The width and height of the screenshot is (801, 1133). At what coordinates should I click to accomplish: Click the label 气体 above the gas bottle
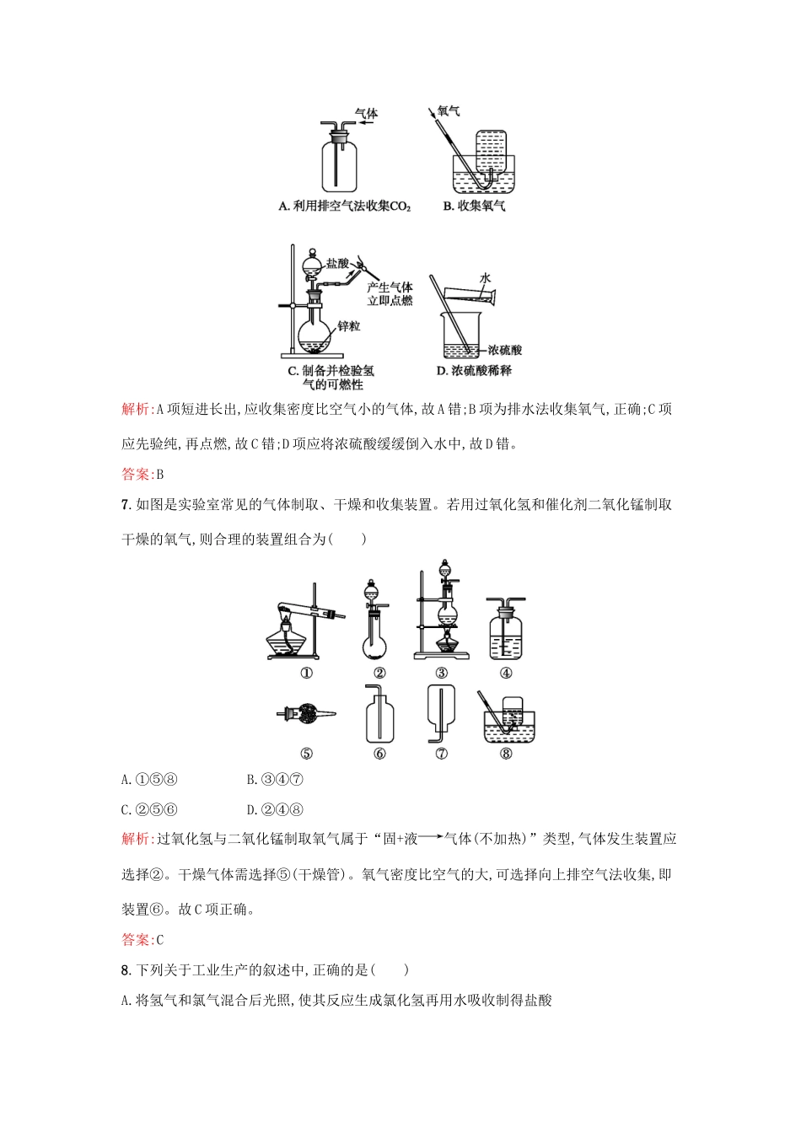366,113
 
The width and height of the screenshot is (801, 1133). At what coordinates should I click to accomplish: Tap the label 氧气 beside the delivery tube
449,110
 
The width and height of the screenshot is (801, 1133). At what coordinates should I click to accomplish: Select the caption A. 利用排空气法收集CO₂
344,206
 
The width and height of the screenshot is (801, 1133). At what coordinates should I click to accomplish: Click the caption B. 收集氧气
474,206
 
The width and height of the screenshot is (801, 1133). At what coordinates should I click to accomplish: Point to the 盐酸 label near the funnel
337,263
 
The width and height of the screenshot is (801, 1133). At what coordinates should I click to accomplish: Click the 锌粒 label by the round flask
349,325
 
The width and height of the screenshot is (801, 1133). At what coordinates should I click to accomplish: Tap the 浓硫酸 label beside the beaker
504,349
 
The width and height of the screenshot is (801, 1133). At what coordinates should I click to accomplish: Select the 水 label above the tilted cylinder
485,277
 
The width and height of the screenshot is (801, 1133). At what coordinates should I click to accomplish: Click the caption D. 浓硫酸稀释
474,370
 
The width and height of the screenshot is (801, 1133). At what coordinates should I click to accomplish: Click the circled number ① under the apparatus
306,673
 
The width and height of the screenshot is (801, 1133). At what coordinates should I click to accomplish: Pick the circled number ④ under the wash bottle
506,673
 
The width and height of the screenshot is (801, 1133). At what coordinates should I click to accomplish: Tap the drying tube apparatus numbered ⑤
306,716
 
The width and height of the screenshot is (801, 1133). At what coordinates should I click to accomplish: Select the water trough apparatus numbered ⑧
508,719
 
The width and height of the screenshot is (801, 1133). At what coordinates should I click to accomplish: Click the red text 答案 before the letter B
136,474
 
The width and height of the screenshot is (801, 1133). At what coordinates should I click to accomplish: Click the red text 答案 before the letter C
136,939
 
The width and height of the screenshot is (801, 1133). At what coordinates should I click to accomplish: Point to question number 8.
126,970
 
